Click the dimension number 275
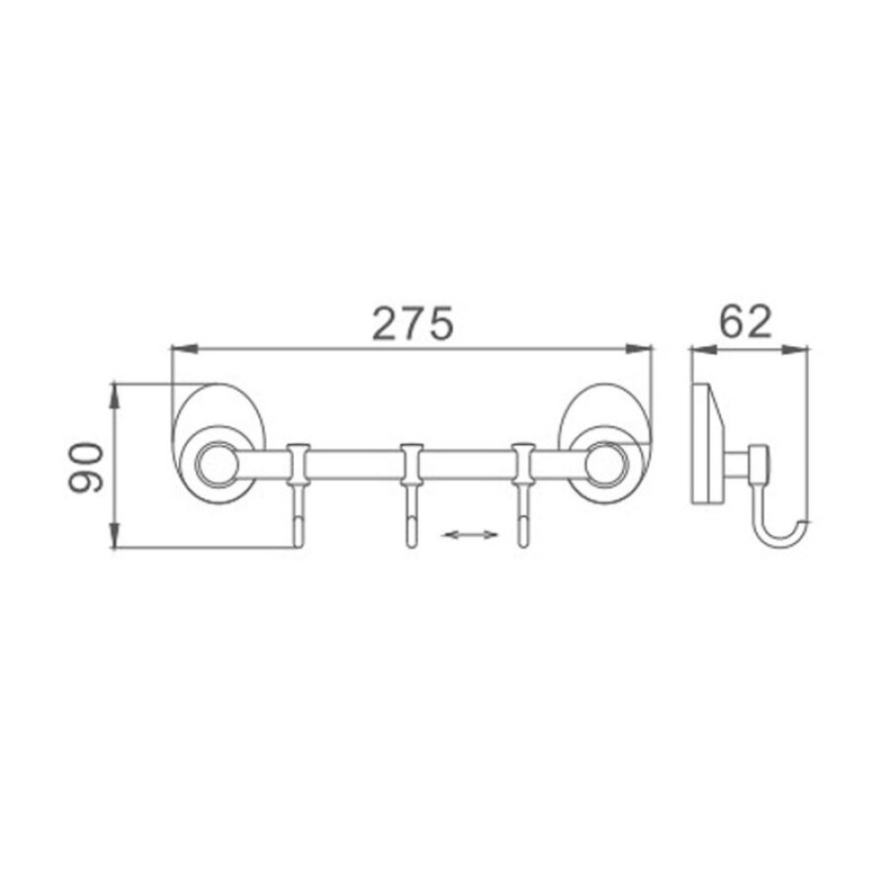pos(412,323)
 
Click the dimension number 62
pos(746,321)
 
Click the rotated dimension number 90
pos(86,467)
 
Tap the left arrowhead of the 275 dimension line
pos(184,348)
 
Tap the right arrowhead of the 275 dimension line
pos(639,348)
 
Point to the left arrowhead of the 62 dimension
pos(704,350)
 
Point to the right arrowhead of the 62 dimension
pos(795,350)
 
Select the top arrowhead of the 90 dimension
pos(116,397)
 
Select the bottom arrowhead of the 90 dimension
pos(116,535)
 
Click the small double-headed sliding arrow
pos(471,534)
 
